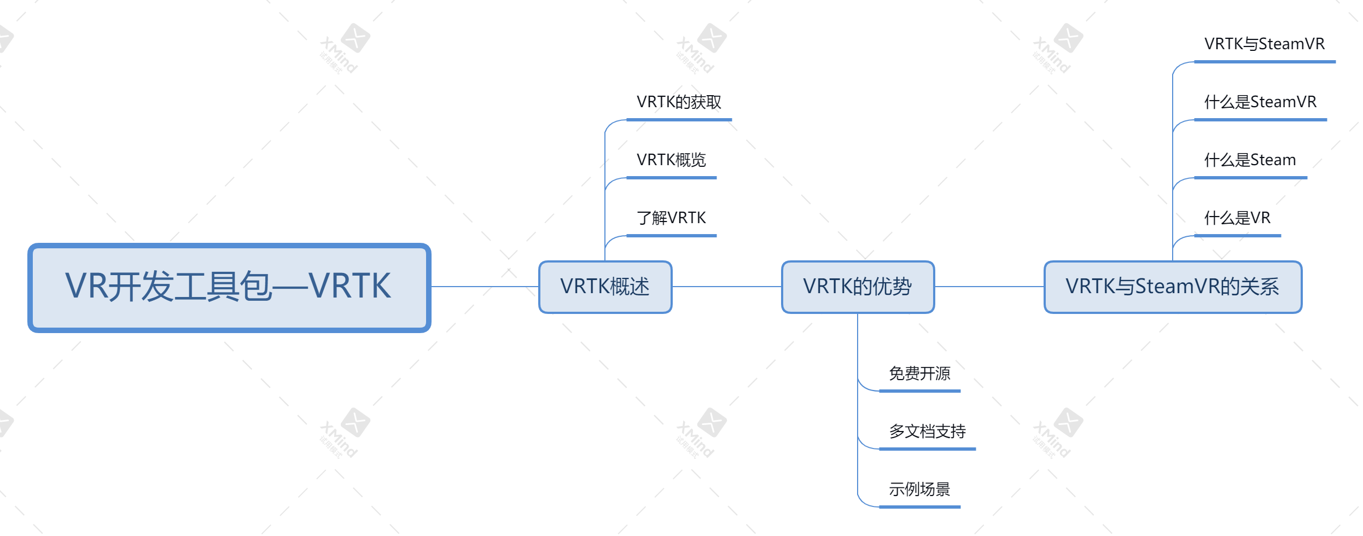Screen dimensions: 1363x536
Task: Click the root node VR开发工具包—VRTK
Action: tap(229, 288)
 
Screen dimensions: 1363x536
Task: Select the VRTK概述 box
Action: tap(605, 287)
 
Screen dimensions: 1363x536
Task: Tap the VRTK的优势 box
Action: tap(858, 287)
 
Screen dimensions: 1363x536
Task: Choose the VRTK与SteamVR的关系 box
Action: tap(1173, 287)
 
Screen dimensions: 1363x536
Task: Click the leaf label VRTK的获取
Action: tap(679, 102)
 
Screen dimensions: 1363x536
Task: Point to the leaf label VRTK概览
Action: tap(671, 160)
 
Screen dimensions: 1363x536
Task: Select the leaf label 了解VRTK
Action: tap(671, 218)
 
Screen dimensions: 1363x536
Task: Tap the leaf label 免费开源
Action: tap(919, 374)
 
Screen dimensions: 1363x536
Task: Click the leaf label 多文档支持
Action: tap(927, 432)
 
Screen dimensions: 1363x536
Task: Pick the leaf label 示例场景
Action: tap(919, 490)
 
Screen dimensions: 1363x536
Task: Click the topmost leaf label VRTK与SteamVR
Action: tap(1265, 44)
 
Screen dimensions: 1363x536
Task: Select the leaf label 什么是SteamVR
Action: tap(1260, 102)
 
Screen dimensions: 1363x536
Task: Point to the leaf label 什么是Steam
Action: tap(1250, 160)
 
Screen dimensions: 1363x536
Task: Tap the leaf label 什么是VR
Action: tap(1237, 218)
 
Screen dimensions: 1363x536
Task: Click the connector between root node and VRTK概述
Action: tap(485, 287)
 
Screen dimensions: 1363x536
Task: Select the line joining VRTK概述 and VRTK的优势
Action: tap(727, 287)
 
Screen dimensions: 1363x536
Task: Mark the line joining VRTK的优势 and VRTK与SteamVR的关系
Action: tap(989, 287)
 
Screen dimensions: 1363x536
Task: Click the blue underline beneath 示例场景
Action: tap(920, 507)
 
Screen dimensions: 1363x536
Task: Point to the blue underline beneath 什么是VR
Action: tap(1238, 236)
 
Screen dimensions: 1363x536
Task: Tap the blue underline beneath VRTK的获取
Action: tap(679, 120)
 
